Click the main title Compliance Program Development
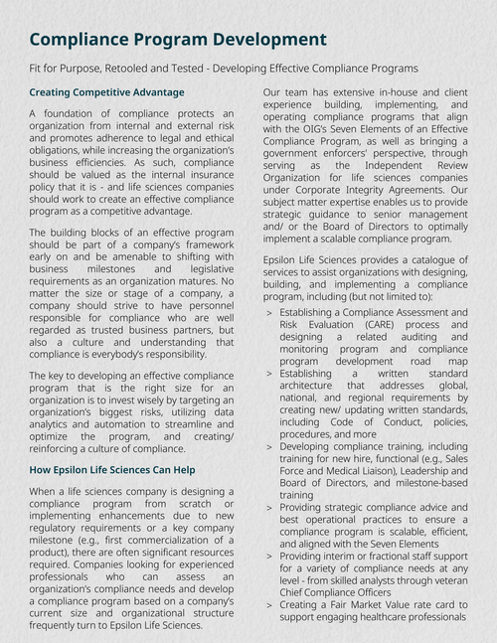(178, 40)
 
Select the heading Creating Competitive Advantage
(106, 92)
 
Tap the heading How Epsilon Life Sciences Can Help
(111, 469)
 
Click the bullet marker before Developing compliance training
(270, 447)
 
